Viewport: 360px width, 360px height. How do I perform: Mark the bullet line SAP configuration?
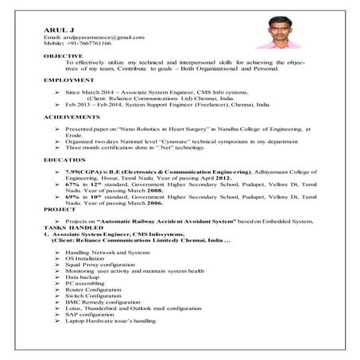(x=96, y=315)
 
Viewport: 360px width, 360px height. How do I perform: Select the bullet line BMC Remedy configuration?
(x=106, y=302)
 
